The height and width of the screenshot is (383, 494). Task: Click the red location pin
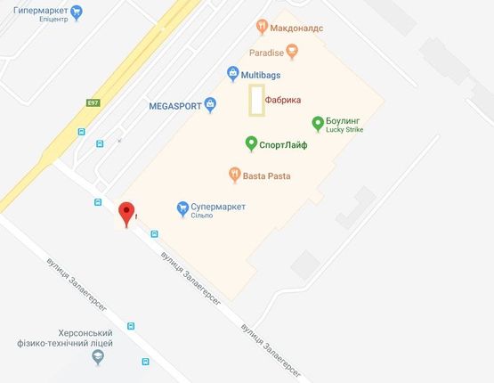(127, 213)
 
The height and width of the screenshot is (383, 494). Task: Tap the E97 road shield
(93, 104)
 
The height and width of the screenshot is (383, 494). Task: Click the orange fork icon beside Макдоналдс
(261, 27)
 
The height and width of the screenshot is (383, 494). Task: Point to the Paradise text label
(266, 53)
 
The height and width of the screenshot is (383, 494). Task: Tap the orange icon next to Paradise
(292, 53)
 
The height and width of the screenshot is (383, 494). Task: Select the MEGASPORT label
(174, 105)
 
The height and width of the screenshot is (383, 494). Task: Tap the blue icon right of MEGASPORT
(210, 105)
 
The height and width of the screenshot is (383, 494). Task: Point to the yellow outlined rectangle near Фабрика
(256, 100)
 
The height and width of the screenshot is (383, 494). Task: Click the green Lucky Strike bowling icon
(318, 123)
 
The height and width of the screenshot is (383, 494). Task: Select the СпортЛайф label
(283, 144)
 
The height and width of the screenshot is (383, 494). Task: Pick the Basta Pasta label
(266, 175)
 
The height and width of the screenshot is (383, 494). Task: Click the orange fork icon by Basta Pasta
(233, 175)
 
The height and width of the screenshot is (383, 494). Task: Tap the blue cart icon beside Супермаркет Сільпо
(182, 208)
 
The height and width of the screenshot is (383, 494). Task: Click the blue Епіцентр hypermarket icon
(77, 12)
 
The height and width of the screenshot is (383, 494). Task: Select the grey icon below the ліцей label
(98, 357)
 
